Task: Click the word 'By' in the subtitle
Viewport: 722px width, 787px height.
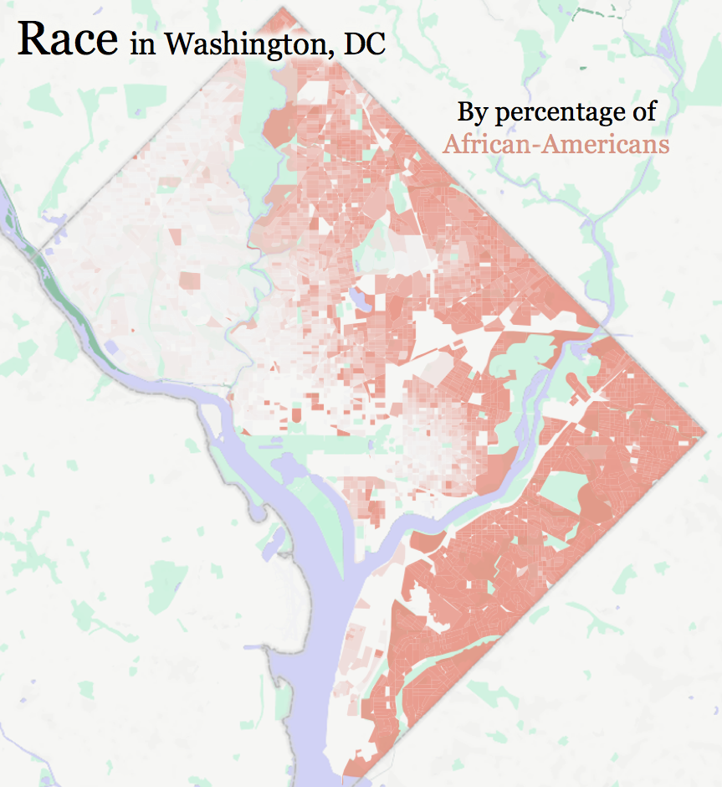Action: (x=471, y=111)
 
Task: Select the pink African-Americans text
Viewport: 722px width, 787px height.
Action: (x=556, y=144)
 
